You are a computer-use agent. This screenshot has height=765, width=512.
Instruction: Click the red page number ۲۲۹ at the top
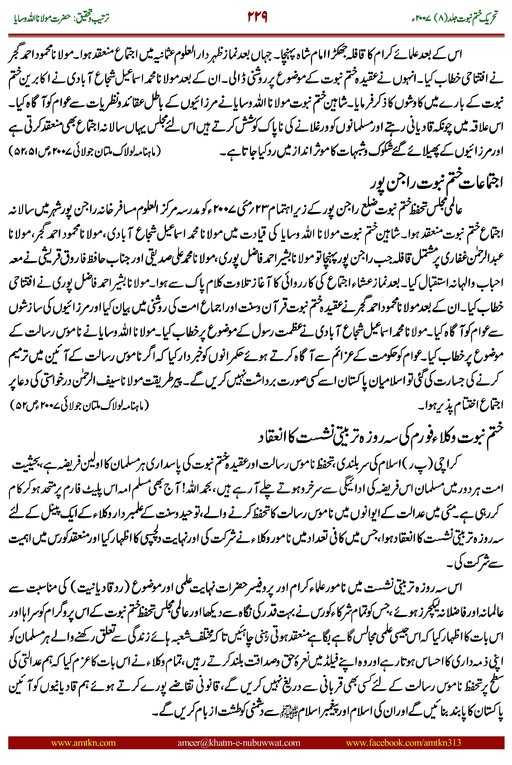257,17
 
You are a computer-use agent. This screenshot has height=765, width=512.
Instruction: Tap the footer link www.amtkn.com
83,742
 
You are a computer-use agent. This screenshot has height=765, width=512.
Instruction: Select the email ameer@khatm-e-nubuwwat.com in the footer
239,742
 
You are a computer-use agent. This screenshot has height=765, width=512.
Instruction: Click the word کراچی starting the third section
450,463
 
